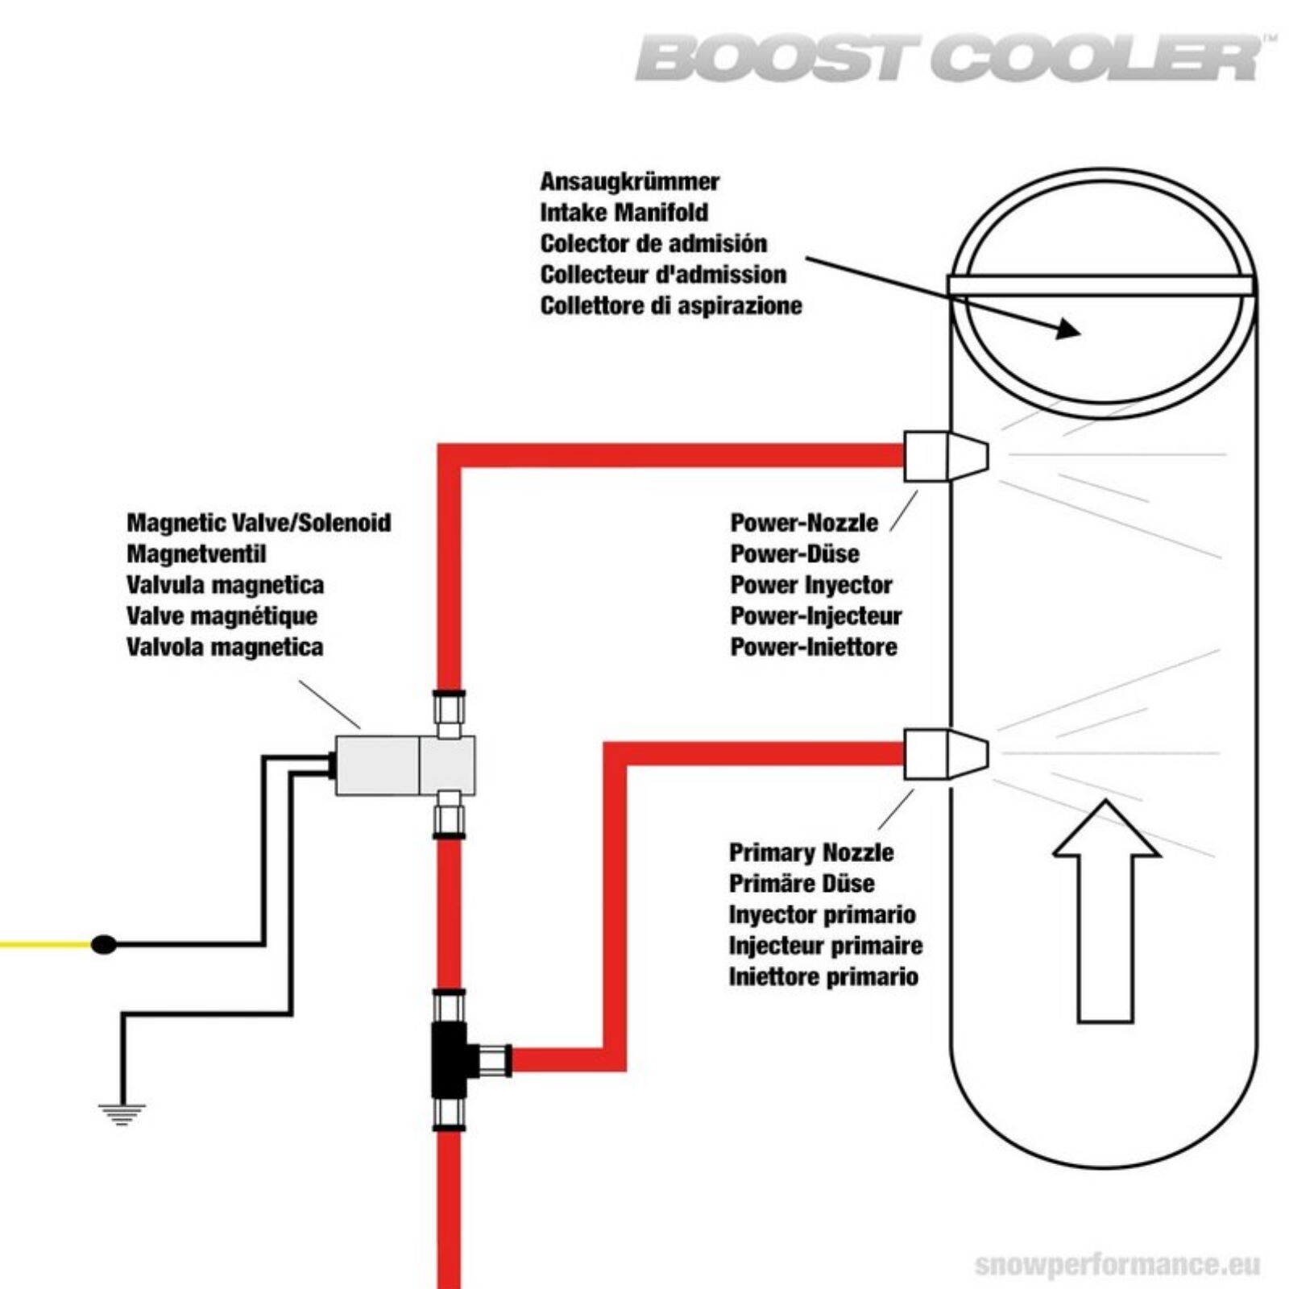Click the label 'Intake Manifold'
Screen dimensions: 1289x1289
point(624,213)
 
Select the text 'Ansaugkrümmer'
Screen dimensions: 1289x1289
point(629,182)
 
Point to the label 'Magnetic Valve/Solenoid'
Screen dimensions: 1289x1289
point(259,523)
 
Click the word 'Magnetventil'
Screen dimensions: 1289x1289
point(196,554)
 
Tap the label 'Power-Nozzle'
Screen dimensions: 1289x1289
point(804,523)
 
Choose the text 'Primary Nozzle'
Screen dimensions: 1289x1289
point(811,852)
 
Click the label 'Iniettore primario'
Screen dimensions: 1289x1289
point(823,977)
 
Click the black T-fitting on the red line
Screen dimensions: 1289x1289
point(450,1060)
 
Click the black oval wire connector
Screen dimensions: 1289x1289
point(104,944)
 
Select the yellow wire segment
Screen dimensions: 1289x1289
point(45,944)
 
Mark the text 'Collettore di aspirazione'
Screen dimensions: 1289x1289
point(671,306)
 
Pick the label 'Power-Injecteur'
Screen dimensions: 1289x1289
point(816,616)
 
